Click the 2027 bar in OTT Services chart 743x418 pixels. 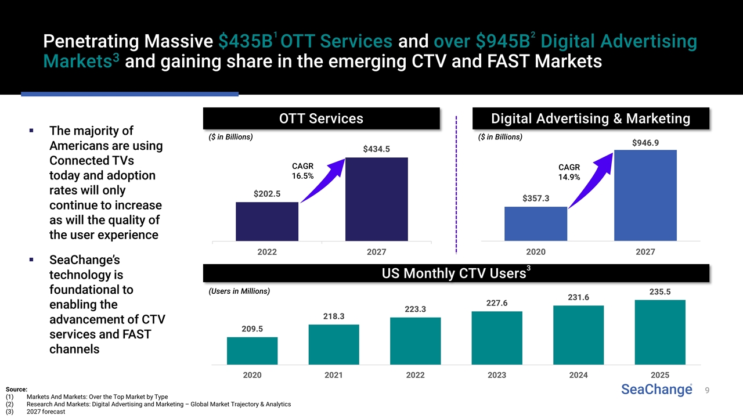click(x=376, y=199)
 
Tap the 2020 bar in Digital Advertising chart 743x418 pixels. click(x=535, y=224)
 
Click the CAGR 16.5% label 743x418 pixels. click(x=302, y=171)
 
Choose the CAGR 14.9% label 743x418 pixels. click(x=569, y=172)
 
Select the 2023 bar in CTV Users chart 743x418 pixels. click(x=497, y=338)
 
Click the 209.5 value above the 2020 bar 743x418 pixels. click(x=252, y=329)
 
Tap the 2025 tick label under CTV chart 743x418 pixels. click(x=661, y=375)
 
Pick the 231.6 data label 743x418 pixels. click(x=578, y=297)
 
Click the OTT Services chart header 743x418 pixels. click(x=321, y=119)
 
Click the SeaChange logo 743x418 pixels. click(x=657, y=390)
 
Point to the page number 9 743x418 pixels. click(x=707, y=391)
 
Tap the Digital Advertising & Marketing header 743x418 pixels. click(x=590, y=119)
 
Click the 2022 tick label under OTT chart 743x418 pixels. click(x=267, y=252)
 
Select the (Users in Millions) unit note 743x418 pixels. click(x=239, y=291)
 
